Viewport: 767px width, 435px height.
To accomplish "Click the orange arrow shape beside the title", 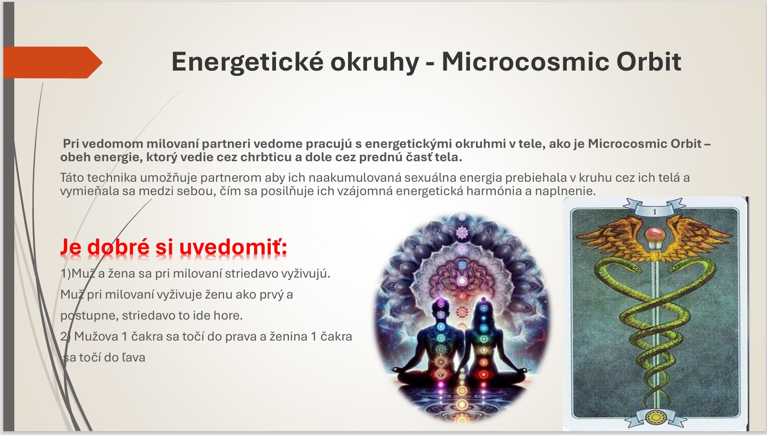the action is (x=53, y=62).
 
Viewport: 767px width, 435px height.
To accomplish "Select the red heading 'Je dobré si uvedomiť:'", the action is (x=174, y=247).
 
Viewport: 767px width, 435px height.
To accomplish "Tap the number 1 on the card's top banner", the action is (x=655, y=212).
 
